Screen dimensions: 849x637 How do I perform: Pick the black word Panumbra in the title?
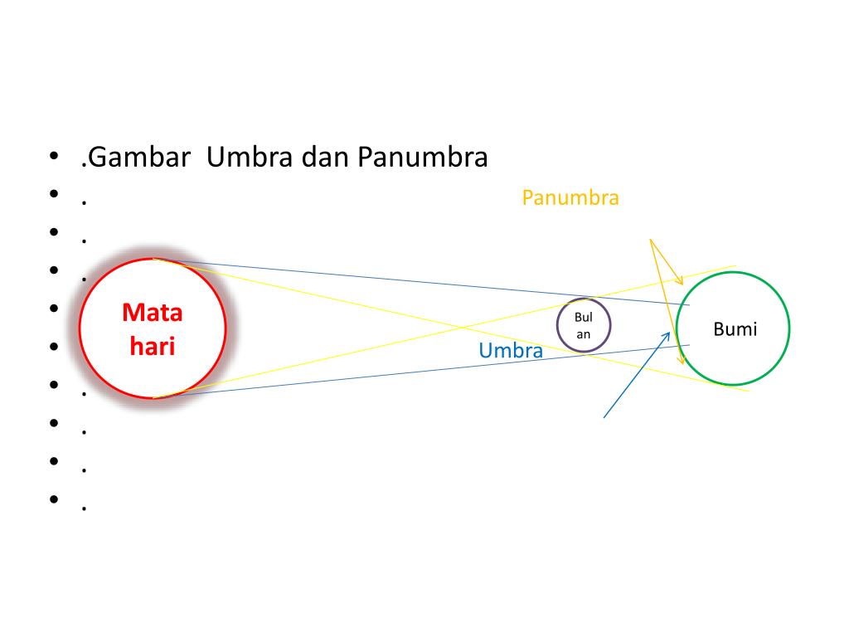coord(423,157)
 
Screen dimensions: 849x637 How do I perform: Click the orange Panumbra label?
coord(570,197)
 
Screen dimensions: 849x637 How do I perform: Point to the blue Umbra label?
coord(511,351)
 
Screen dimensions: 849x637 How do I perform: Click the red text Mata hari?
coord(153,328)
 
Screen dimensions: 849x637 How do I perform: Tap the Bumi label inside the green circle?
coord(735,328)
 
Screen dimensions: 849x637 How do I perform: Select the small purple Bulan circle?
coord(584,324)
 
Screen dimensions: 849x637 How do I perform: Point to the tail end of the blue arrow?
coord(604,417)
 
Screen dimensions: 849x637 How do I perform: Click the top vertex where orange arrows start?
coord(650,239)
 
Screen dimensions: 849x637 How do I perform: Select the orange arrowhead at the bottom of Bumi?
coord(682,364)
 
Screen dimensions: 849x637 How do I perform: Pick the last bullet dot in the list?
coord(54,498)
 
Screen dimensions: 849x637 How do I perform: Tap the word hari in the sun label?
coord(153,345)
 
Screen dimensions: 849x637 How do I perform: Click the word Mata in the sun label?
coord(153,313)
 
